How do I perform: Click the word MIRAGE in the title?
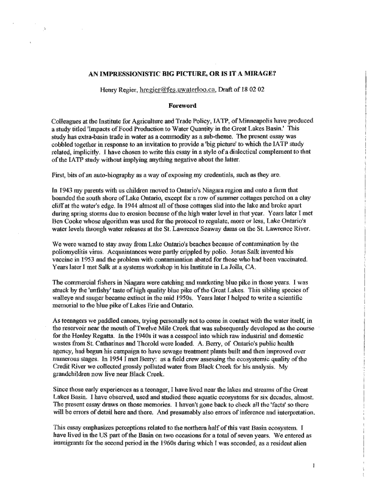click(259, 74)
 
